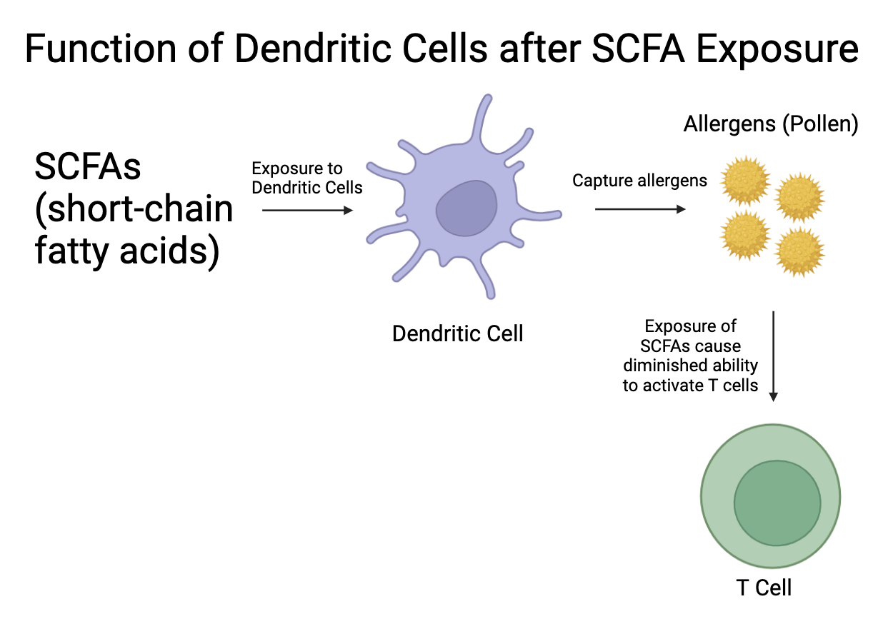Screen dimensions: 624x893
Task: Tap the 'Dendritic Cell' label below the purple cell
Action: (x=458, y=333)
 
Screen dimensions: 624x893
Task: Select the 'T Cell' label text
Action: (x=764, y=588)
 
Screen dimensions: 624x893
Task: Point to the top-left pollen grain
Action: (x=745, y=181)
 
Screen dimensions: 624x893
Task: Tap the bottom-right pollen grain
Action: (x=799, y=252)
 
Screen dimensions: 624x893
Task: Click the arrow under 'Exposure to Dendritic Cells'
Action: (x=308, y=210)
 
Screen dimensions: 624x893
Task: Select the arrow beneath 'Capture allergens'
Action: (x=640, y=209)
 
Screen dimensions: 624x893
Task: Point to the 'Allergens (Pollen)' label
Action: (x=771, y=124)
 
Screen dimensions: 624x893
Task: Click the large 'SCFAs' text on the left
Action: (x=88, y=167)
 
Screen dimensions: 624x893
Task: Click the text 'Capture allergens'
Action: (x=640, y=180)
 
